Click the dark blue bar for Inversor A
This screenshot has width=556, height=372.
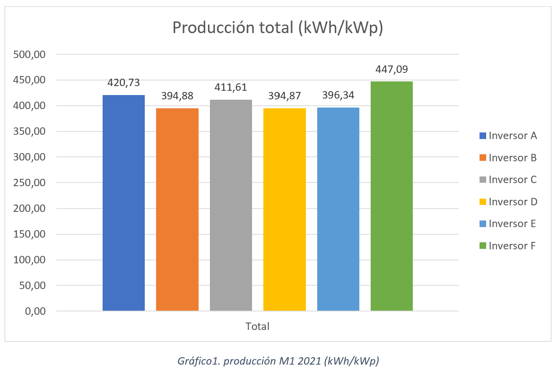click(123, 203)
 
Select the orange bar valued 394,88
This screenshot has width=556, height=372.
click(177, 209)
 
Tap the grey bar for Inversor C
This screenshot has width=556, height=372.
click(231, 205)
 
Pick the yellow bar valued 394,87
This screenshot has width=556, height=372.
click(284, 209)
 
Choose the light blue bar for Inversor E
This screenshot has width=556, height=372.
click(338, 209)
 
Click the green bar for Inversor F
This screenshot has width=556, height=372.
click(391, 196)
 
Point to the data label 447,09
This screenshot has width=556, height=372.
click(391, 69)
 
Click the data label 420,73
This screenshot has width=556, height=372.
click(123, 83)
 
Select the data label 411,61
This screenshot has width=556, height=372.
click(231, 87)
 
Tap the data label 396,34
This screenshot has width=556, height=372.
click(338, 95)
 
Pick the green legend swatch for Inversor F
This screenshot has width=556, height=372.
click(483, 246)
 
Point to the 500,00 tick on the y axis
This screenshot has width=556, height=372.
click(30, 55)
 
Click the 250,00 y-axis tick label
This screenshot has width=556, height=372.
click(30, 183)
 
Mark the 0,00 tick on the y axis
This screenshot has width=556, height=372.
click(35, 311)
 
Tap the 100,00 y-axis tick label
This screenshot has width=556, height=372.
click(30, 260)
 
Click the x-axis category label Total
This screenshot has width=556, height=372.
click(257, 326)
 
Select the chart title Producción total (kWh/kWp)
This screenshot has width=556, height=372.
click(277, 28)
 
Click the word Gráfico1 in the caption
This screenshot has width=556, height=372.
click(199, 361)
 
